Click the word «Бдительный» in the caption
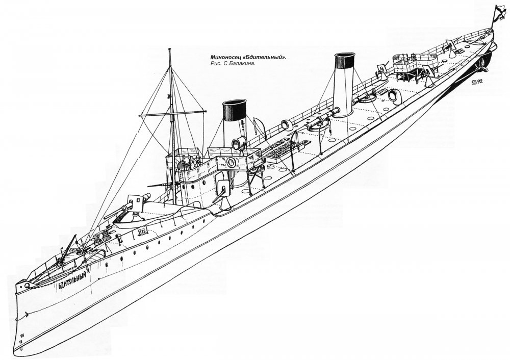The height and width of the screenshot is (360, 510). click(267, 58)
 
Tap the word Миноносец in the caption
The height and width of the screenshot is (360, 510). click(228, 58)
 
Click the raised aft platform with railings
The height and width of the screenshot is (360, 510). click(413, 65)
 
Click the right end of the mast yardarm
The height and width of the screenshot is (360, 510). click(206, 110)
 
